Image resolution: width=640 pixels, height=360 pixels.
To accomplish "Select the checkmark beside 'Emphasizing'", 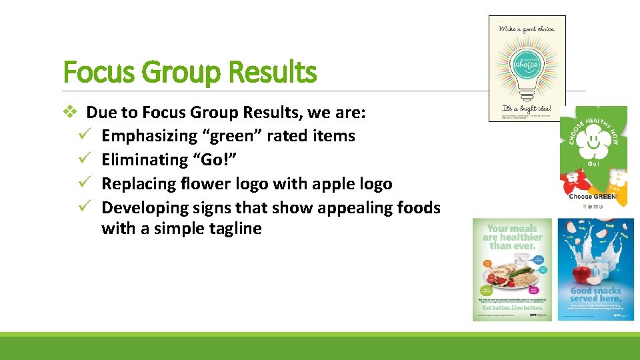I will pos(84,135).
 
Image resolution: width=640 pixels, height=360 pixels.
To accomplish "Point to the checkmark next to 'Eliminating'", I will pos(84,159).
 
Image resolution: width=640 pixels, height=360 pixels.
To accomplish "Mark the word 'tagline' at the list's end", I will pos(233,229).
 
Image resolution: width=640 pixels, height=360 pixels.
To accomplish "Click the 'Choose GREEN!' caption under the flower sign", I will pos(593,197).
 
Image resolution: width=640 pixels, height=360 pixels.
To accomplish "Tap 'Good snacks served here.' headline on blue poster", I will pos(595,295).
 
